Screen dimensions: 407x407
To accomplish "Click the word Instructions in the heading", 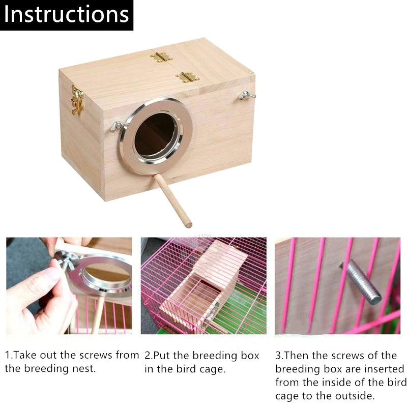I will coord(66,15).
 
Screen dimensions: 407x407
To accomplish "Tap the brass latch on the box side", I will coord(77,100).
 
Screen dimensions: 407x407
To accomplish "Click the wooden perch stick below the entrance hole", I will coord(174,200).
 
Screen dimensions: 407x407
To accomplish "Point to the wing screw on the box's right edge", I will coord(247,95).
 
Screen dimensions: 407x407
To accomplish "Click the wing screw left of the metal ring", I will coord(116,126).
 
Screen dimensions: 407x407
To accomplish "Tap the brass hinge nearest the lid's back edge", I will coord(161,57).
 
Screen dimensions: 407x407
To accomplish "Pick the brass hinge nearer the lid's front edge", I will coord(187,77).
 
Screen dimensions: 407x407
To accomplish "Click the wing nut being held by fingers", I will coord(66,260).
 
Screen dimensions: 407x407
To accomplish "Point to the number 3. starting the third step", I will coord(280,355).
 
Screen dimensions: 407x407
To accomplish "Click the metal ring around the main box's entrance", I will coord(127,153).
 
